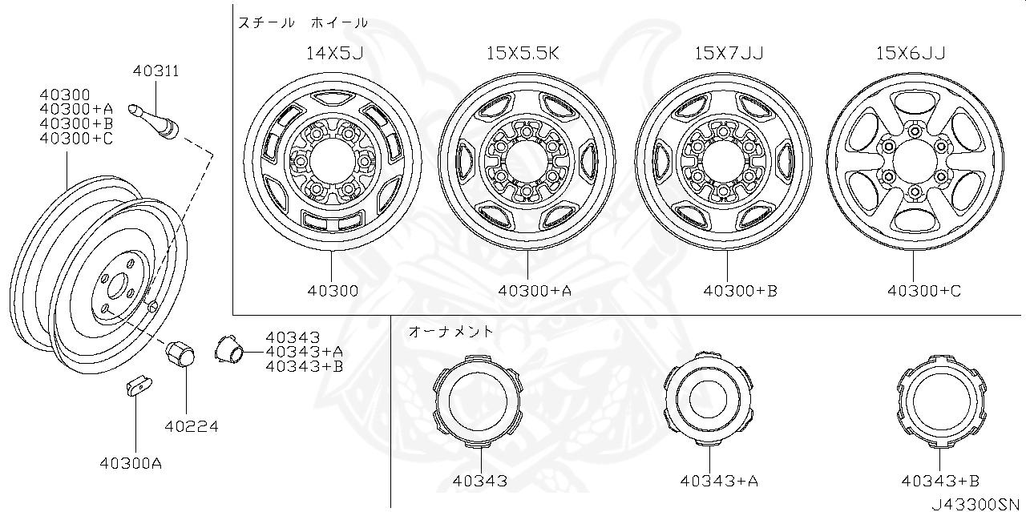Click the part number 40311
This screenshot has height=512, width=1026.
[156, 71]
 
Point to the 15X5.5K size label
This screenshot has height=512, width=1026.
[522, 53]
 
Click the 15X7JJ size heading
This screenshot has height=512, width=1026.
[729, 53]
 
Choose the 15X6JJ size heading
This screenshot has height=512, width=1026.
[910, 53]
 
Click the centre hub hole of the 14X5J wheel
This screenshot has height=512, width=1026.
[332, 161]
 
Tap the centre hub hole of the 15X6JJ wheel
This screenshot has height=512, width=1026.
[914, 160]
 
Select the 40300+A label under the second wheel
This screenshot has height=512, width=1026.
[534, 291]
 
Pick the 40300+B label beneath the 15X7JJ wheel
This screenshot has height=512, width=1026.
[740, 291]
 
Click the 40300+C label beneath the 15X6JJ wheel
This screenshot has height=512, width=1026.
[923, 291]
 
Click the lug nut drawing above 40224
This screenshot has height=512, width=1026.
[179, 353]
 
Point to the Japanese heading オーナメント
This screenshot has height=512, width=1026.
[451, 330]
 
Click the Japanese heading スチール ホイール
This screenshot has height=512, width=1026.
[303, 23]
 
